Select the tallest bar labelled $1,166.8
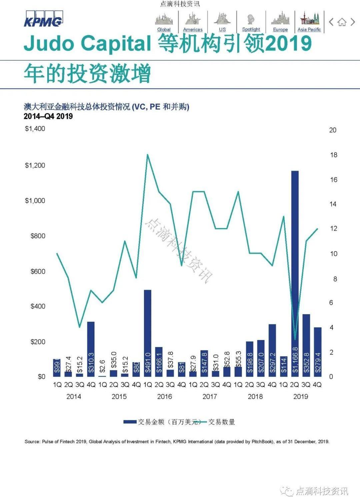(x=295, y=273)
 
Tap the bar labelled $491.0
(x=147, y=333)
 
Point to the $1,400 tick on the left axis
(x=35, y=129)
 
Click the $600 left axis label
(x=38, y=271)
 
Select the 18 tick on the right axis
(x=333, y=155)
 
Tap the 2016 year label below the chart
(x=164, y=396)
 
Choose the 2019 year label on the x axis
(x=300, y=396)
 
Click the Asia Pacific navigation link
(x=309, y=29)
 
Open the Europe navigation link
(x=280, y=29)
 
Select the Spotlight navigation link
(x=251, y=29)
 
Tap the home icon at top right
(x=342, y=22)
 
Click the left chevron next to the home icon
(x=331, y=22)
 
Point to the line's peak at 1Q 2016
(x=147, y=155)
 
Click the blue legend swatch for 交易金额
(x=130, y=422)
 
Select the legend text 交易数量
(x=222, y=422)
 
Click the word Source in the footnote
(x=32, y=442)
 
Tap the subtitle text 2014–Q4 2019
(x=48, y=116)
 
